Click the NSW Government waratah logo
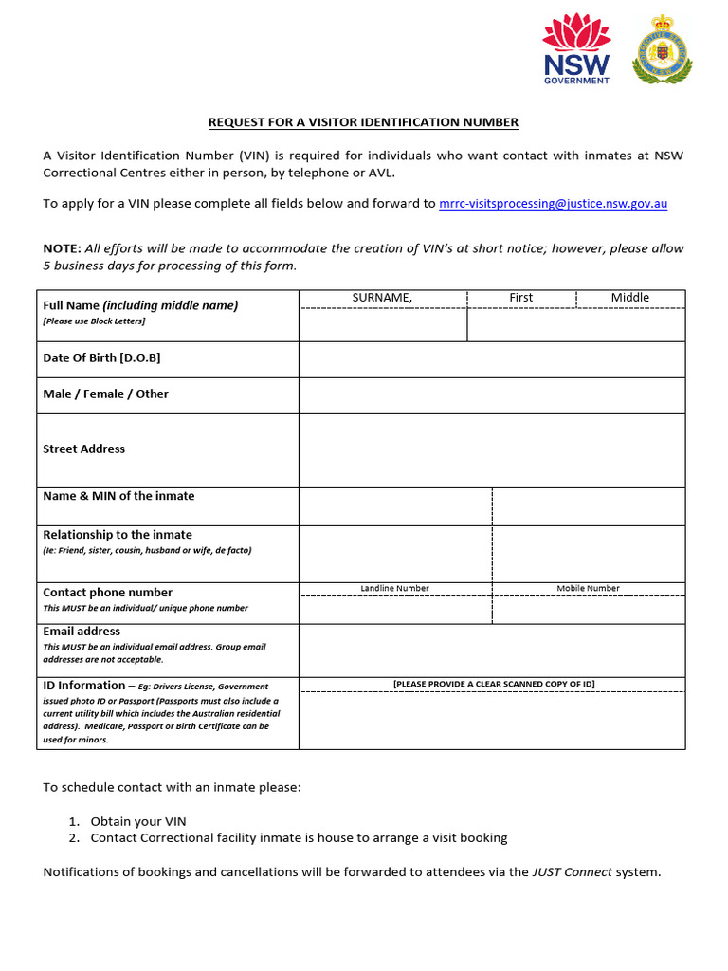click(575, 49)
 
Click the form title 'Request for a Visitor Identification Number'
click(364, 122)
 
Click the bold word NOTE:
click(62, 248)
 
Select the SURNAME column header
click(382, 298)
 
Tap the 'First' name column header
click(520, 298)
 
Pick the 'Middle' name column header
click(629, 298)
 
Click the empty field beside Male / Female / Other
click(491, 394)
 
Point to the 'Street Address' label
click(83, 449)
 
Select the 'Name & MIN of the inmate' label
click(118, 496)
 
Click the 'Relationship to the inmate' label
click(118, 535)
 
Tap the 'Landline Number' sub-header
click(394, 588)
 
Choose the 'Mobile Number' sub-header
click(588, 588)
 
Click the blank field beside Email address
click(491, 650)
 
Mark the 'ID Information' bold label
click(83, 685)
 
